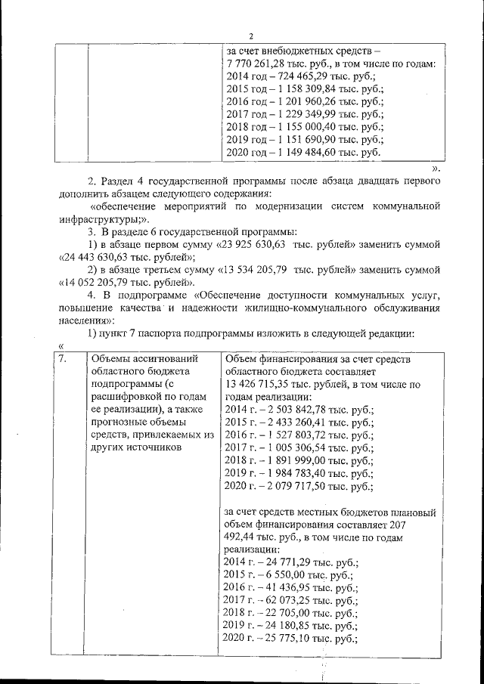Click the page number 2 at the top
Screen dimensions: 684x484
[250, 36]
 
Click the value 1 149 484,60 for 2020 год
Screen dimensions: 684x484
[311, 152]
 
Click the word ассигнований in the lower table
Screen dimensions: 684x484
[165, 359]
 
